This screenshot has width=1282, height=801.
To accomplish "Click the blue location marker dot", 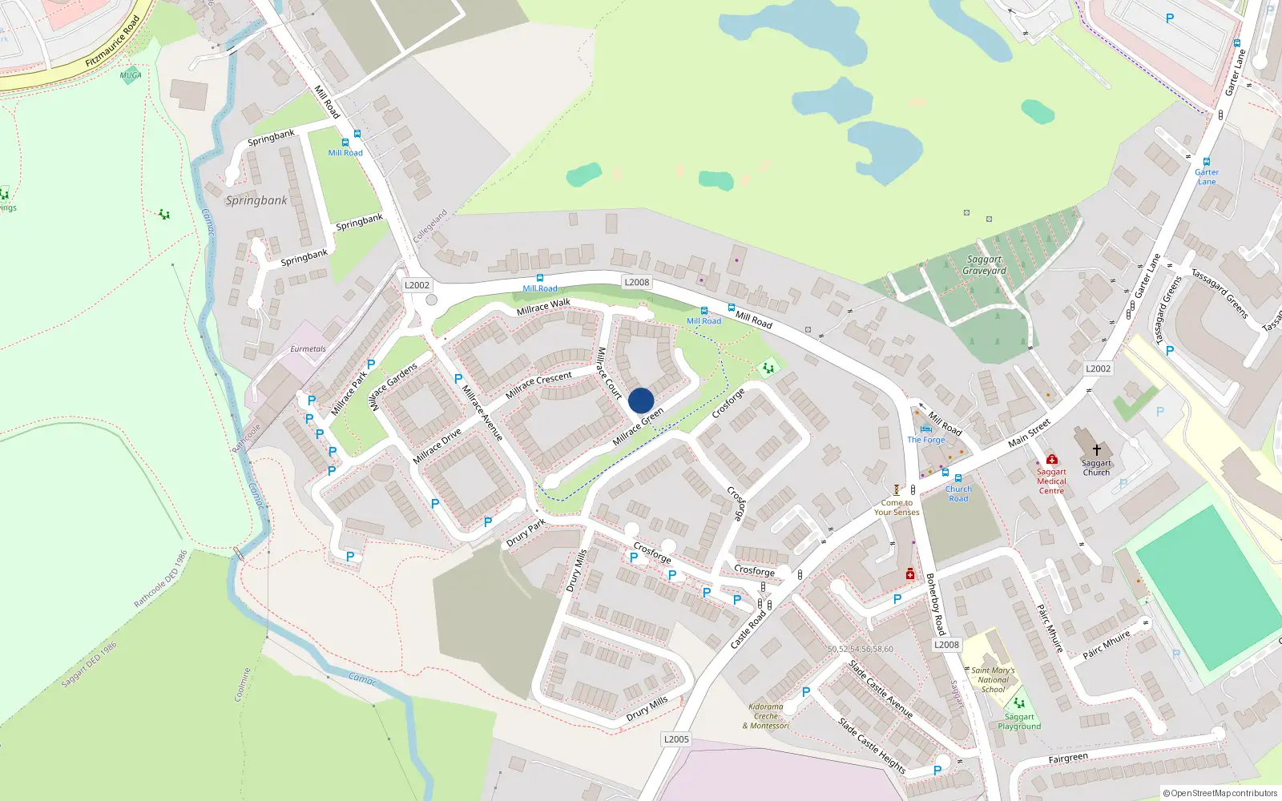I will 641,400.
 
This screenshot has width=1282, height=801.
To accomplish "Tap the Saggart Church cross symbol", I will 1097,450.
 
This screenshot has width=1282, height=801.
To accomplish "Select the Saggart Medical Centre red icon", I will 1052,459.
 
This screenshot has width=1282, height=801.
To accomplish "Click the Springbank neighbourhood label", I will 256,200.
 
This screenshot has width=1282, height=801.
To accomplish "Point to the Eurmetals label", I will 308,349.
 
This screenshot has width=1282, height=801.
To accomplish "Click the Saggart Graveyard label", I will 985,265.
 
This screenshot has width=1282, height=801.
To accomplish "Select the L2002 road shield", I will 417,285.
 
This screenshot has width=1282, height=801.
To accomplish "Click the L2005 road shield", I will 676,739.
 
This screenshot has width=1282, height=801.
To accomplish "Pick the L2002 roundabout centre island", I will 432,300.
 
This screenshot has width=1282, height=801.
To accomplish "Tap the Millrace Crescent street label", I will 538,384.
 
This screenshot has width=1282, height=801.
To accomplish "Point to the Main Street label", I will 1029,433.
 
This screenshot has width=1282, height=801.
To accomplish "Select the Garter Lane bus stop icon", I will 1207,162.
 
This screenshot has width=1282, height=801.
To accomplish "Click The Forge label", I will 926,440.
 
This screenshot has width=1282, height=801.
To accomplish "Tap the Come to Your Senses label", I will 897,508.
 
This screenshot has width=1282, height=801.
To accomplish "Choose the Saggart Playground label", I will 1019,722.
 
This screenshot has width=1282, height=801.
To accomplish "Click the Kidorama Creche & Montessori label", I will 766,716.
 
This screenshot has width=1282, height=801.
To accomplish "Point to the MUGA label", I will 131,75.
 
